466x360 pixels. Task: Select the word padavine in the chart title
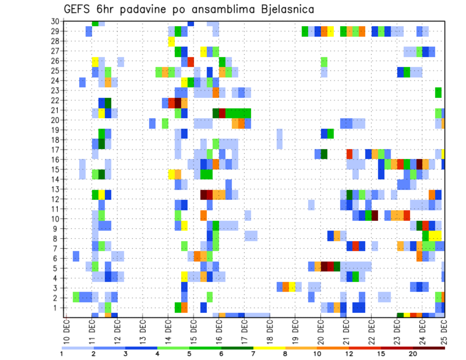click(x=142, y=10)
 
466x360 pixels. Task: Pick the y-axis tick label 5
click(x=56, y=268)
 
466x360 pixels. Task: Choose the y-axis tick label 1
click(x=56, y=308)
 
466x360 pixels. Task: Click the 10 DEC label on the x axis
click(x=66, y=330)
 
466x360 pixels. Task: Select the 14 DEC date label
click(x=168, y=330)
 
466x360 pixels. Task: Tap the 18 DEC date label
click(x=270, y=330)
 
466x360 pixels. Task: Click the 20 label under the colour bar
click(x=413, y=353)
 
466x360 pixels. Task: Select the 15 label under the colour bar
click(x=381, y=353)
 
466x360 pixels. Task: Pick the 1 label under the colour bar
click(x=62, y=353)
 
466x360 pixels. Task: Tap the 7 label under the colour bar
click(x=253, y=353)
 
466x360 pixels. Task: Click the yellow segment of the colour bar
click(x=269, y=348)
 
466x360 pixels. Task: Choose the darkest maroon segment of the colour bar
click(x=429, y=348)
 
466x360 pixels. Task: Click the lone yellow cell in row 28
click(x=171, y=41)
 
